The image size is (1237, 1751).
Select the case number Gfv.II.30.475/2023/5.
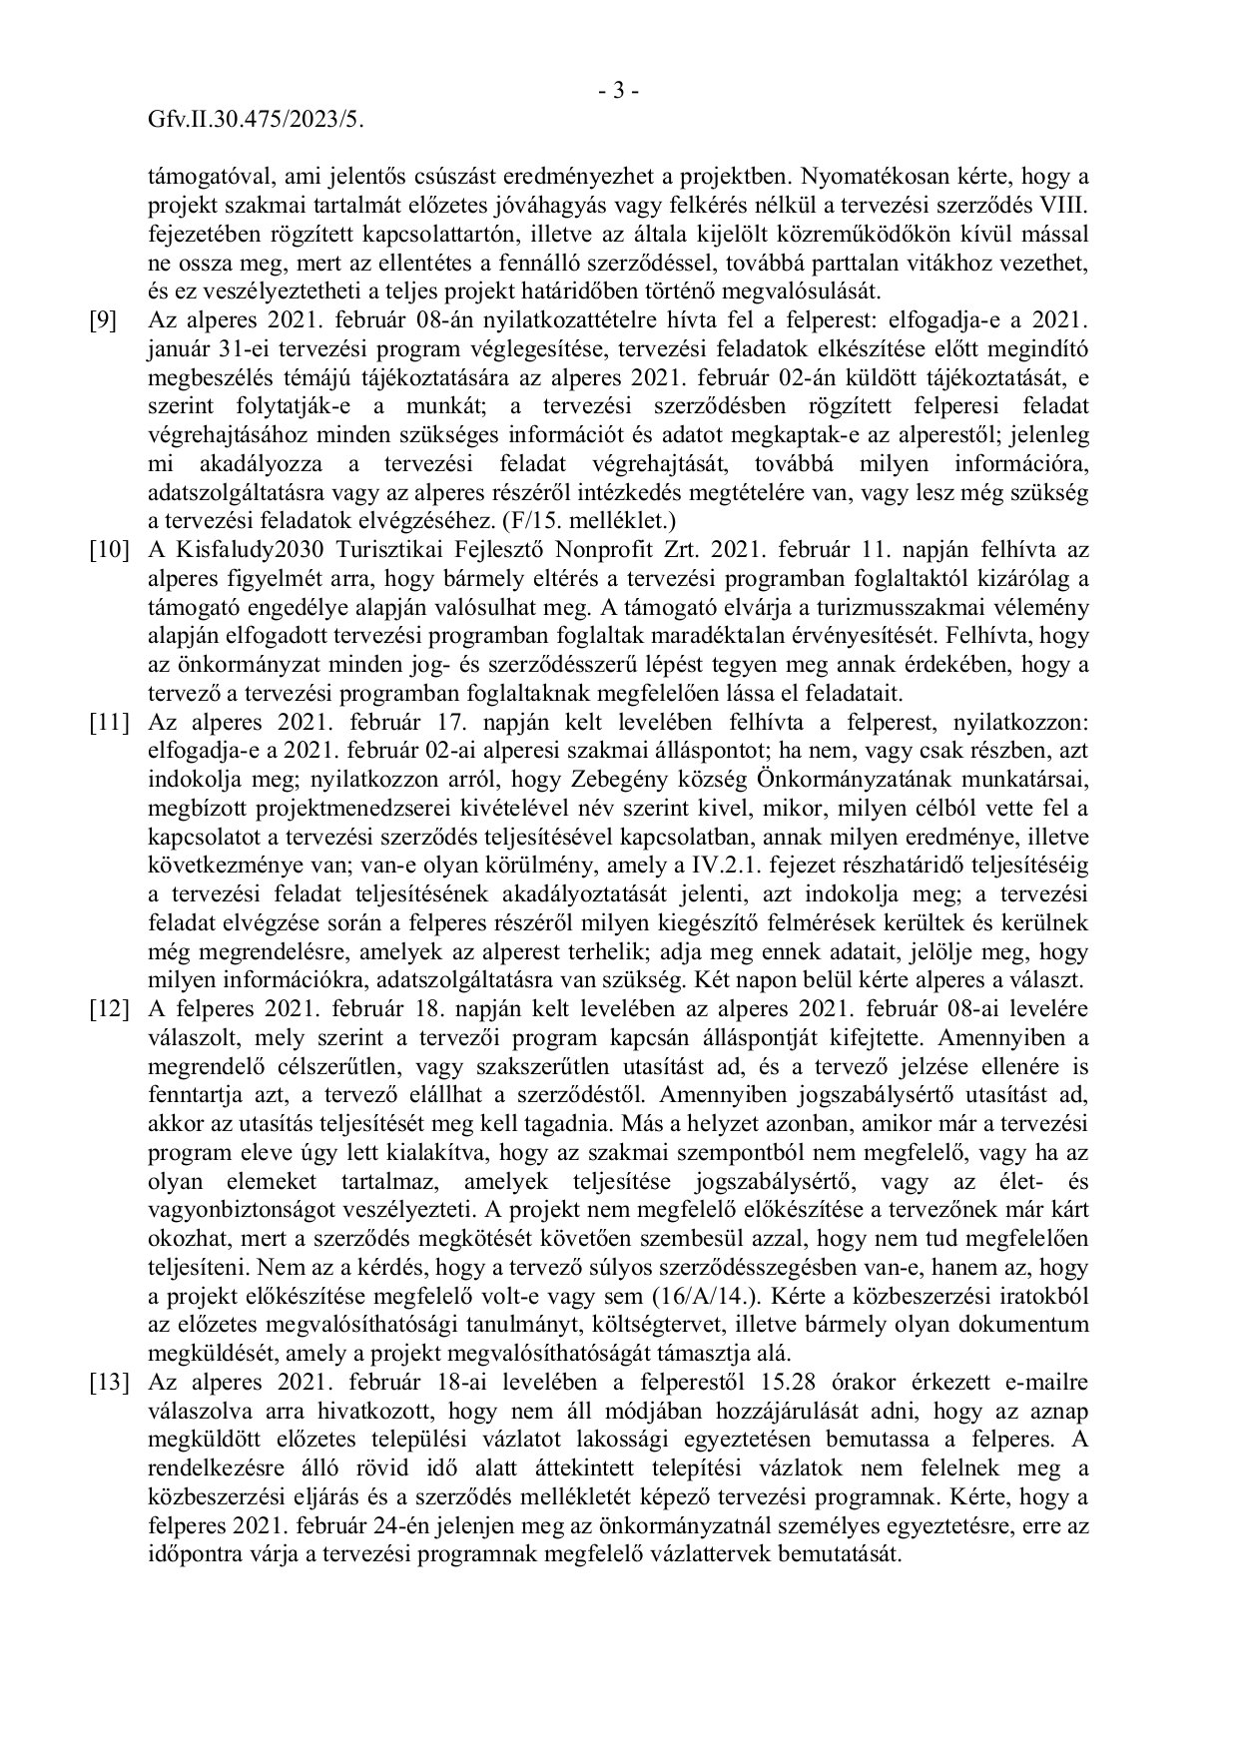[x=255, y=120]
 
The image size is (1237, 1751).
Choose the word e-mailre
[x=1044, y=1382]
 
